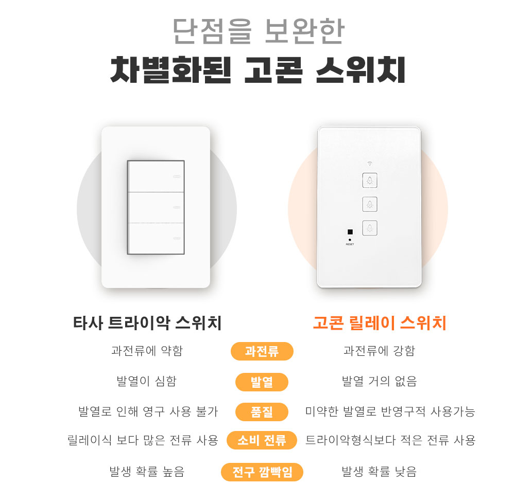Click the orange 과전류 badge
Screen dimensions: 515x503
[x=262, y=351]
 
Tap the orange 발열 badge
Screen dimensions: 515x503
[x=262, y=382]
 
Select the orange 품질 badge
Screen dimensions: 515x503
[x=262, y=412]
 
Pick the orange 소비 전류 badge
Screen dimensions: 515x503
[x=262, y=440]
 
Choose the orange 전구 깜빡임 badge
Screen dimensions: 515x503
[x=262, y=472]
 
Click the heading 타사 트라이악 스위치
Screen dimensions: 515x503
[x=147, y=322]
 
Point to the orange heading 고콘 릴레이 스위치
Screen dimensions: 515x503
[x=380, y=322]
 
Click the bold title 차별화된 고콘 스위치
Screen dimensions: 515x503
[x=258, y=70]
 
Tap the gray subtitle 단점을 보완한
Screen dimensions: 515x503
[x=258, y=31]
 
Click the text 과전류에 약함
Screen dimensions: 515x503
[x=147, y=351]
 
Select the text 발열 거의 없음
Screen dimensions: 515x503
[x=380, y=381]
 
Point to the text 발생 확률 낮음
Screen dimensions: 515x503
[x=380, y=472]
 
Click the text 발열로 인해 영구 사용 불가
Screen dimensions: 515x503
[x=148, y=411]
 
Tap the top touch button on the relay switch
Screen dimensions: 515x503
[x=370, y=181]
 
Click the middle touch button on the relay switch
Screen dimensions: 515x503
[x=370, y=204]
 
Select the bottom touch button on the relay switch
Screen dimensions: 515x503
[x=370, y=228]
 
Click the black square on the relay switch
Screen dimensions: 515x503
[x=350, y=232]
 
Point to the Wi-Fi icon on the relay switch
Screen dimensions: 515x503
[x=370, y=163]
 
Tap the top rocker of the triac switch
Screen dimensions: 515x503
[x=156, y=176]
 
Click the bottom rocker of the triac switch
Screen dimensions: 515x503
[x=156, y=238]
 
